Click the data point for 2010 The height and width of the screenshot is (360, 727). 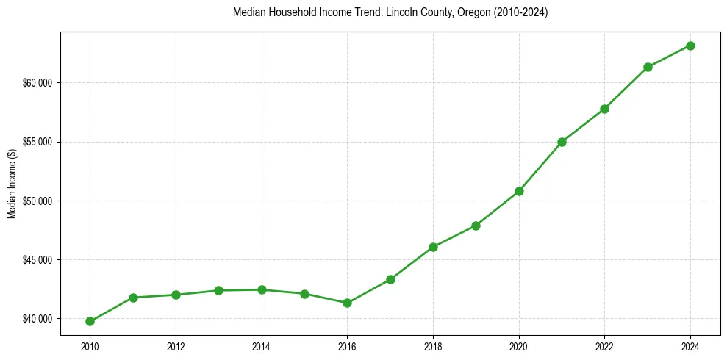pos(90,321)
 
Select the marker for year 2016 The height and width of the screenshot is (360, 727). pos(347,303)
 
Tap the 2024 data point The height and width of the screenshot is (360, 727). pos(690,46)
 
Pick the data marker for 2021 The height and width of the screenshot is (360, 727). pos(562,142)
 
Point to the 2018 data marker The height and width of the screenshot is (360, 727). pos(433,247)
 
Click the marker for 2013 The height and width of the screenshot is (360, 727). pos(218,290)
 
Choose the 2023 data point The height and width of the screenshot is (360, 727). pos(648,67)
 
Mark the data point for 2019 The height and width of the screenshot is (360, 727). pos(476,226)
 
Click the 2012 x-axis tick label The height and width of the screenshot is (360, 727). pos(176,345)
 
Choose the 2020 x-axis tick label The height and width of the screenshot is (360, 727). pos(519,345)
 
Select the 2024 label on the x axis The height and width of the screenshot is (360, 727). pos(690,345)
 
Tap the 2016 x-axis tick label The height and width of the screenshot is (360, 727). pos(347,345)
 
